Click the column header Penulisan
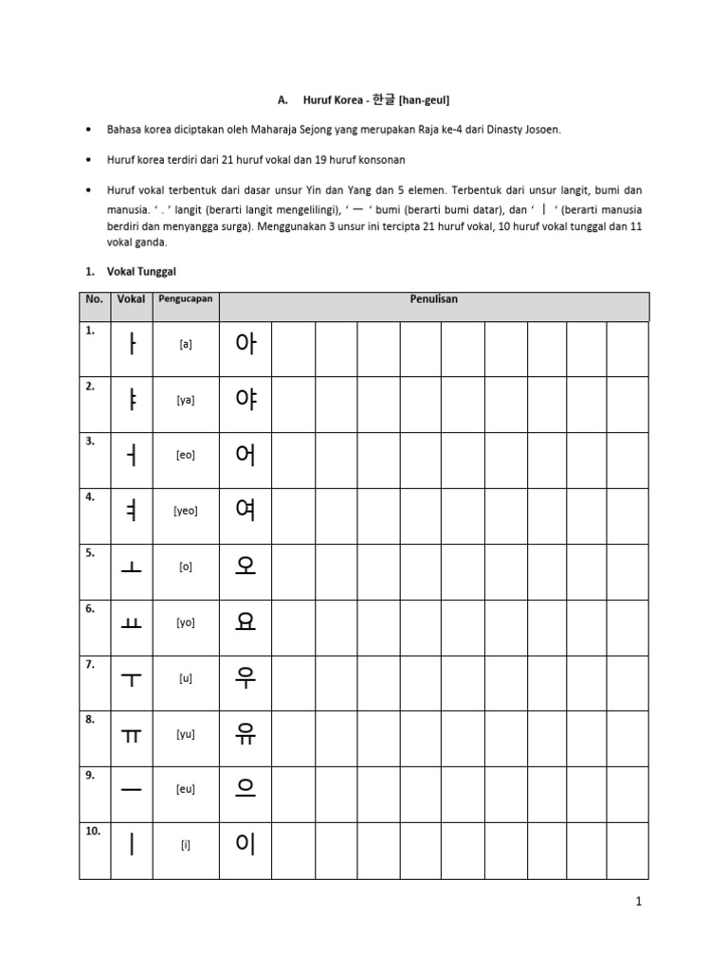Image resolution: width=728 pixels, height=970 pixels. [x=434, y=299]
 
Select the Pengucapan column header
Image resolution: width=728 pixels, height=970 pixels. [x=186, y=299]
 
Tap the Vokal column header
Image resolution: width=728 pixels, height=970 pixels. [x=131, y=299]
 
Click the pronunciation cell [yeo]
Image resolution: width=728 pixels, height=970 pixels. [x=186, y=511]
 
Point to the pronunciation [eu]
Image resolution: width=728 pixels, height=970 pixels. [x=186, y=789]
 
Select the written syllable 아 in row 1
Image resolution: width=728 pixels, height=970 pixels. [x=246, y=344]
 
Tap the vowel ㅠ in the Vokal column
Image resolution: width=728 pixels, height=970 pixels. [x=131, y=735]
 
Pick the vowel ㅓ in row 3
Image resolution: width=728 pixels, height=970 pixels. [x=131, y=456]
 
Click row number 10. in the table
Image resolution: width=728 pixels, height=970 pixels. [x=93, y=831]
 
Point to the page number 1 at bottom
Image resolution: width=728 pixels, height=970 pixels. [x=639, y=903]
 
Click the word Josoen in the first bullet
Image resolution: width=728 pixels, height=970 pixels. [x=540, y=129]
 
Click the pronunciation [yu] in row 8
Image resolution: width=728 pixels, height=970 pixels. [x=186, y=734]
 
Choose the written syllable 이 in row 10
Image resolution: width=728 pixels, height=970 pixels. [x=246, y=844]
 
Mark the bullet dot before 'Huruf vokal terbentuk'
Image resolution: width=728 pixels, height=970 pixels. [x=88, y=191]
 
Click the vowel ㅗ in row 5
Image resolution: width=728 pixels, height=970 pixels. [x=131, y=567]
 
